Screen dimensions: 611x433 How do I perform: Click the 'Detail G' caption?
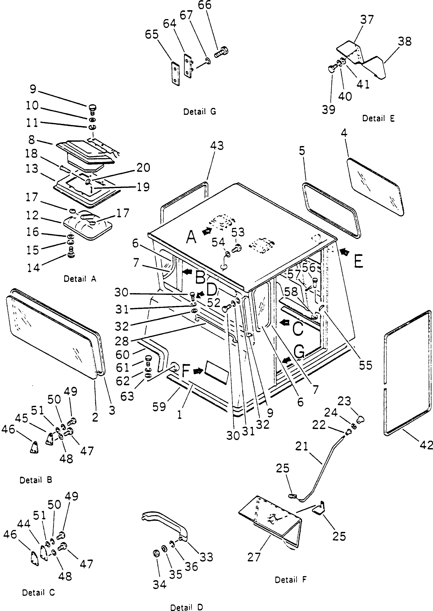(x=199, y=112)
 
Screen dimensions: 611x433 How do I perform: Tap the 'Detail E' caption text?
(x=378, y=118)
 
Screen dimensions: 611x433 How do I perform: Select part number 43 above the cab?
(x=217, y=146)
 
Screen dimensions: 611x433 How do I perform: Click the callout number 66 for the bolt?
(x=205, y=5)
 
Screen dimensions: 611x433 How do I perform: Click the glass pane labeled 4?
(x=375, y=187)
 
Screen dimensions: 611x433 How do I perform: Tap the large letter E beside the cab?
(x=359, y=261)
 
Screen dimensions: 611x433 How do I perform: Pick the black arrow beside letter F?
(x=198, y=371)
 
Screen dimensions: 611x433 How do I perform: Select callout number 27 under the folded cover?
(x=254, y=557)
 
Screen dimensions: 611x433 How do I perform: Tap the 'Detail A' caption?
(x=80, y=279)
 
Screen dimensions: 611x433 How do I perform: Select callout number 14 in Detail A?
(x=33, y=267)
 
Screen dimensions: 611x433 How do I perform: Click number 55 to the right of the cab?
(x=365, y=365)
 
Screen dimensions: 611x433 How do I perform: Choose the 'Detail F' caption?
(x=291, y=580)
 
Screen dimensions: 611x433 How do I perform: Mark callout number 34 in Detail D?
(x=159, y=584)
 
